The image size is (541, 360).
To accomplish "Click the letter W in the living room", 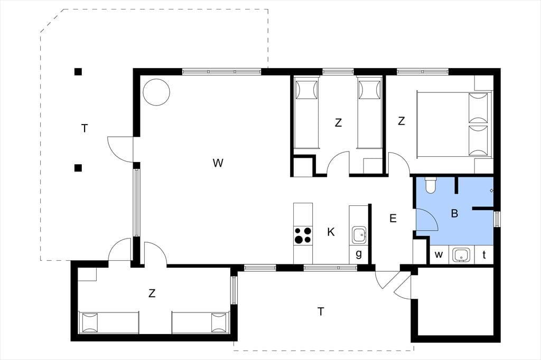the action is (218, 163).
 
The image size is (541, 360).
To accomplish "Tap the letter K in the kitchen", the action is (331, 232).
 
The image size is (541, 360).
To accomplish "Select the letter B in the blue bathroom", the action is (454, 213).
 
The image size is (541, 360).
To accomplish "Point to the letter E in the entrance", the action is (393, 219).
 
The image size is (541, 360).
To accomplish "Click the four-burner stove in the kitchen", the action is (303, 235).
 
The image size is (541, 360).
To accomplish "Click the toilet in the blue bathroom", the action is (431, 185).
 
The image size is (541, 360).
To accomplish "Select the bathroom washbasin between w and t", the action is (461, 255).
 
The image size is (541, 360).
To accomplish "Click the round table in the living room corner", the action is (156, 92).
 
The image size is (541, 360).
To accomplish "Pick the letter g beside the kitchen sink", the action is (359, 254).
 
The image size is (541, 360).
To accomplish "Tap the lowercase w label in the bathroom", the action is (439, 255).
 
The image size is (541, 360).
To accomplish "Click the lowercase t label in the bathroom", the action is (484, 255).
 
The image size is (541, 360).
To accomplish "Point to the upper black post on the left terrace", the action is (78, 72).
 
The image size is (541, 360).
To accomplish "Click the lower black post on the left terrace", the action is (78, 168).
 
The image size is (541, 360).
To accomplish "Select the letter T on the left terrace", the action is (85, 129).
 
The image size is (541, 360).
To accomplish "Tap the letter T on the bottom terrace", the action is (321, 312).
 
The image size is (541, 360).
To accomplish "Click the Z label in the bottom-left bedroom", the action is (152, 293).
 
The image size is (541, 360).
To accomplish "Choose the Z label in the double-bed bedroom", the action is (401, 121).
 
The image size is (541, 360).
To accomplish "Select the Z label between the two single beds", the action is (339, 122).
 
